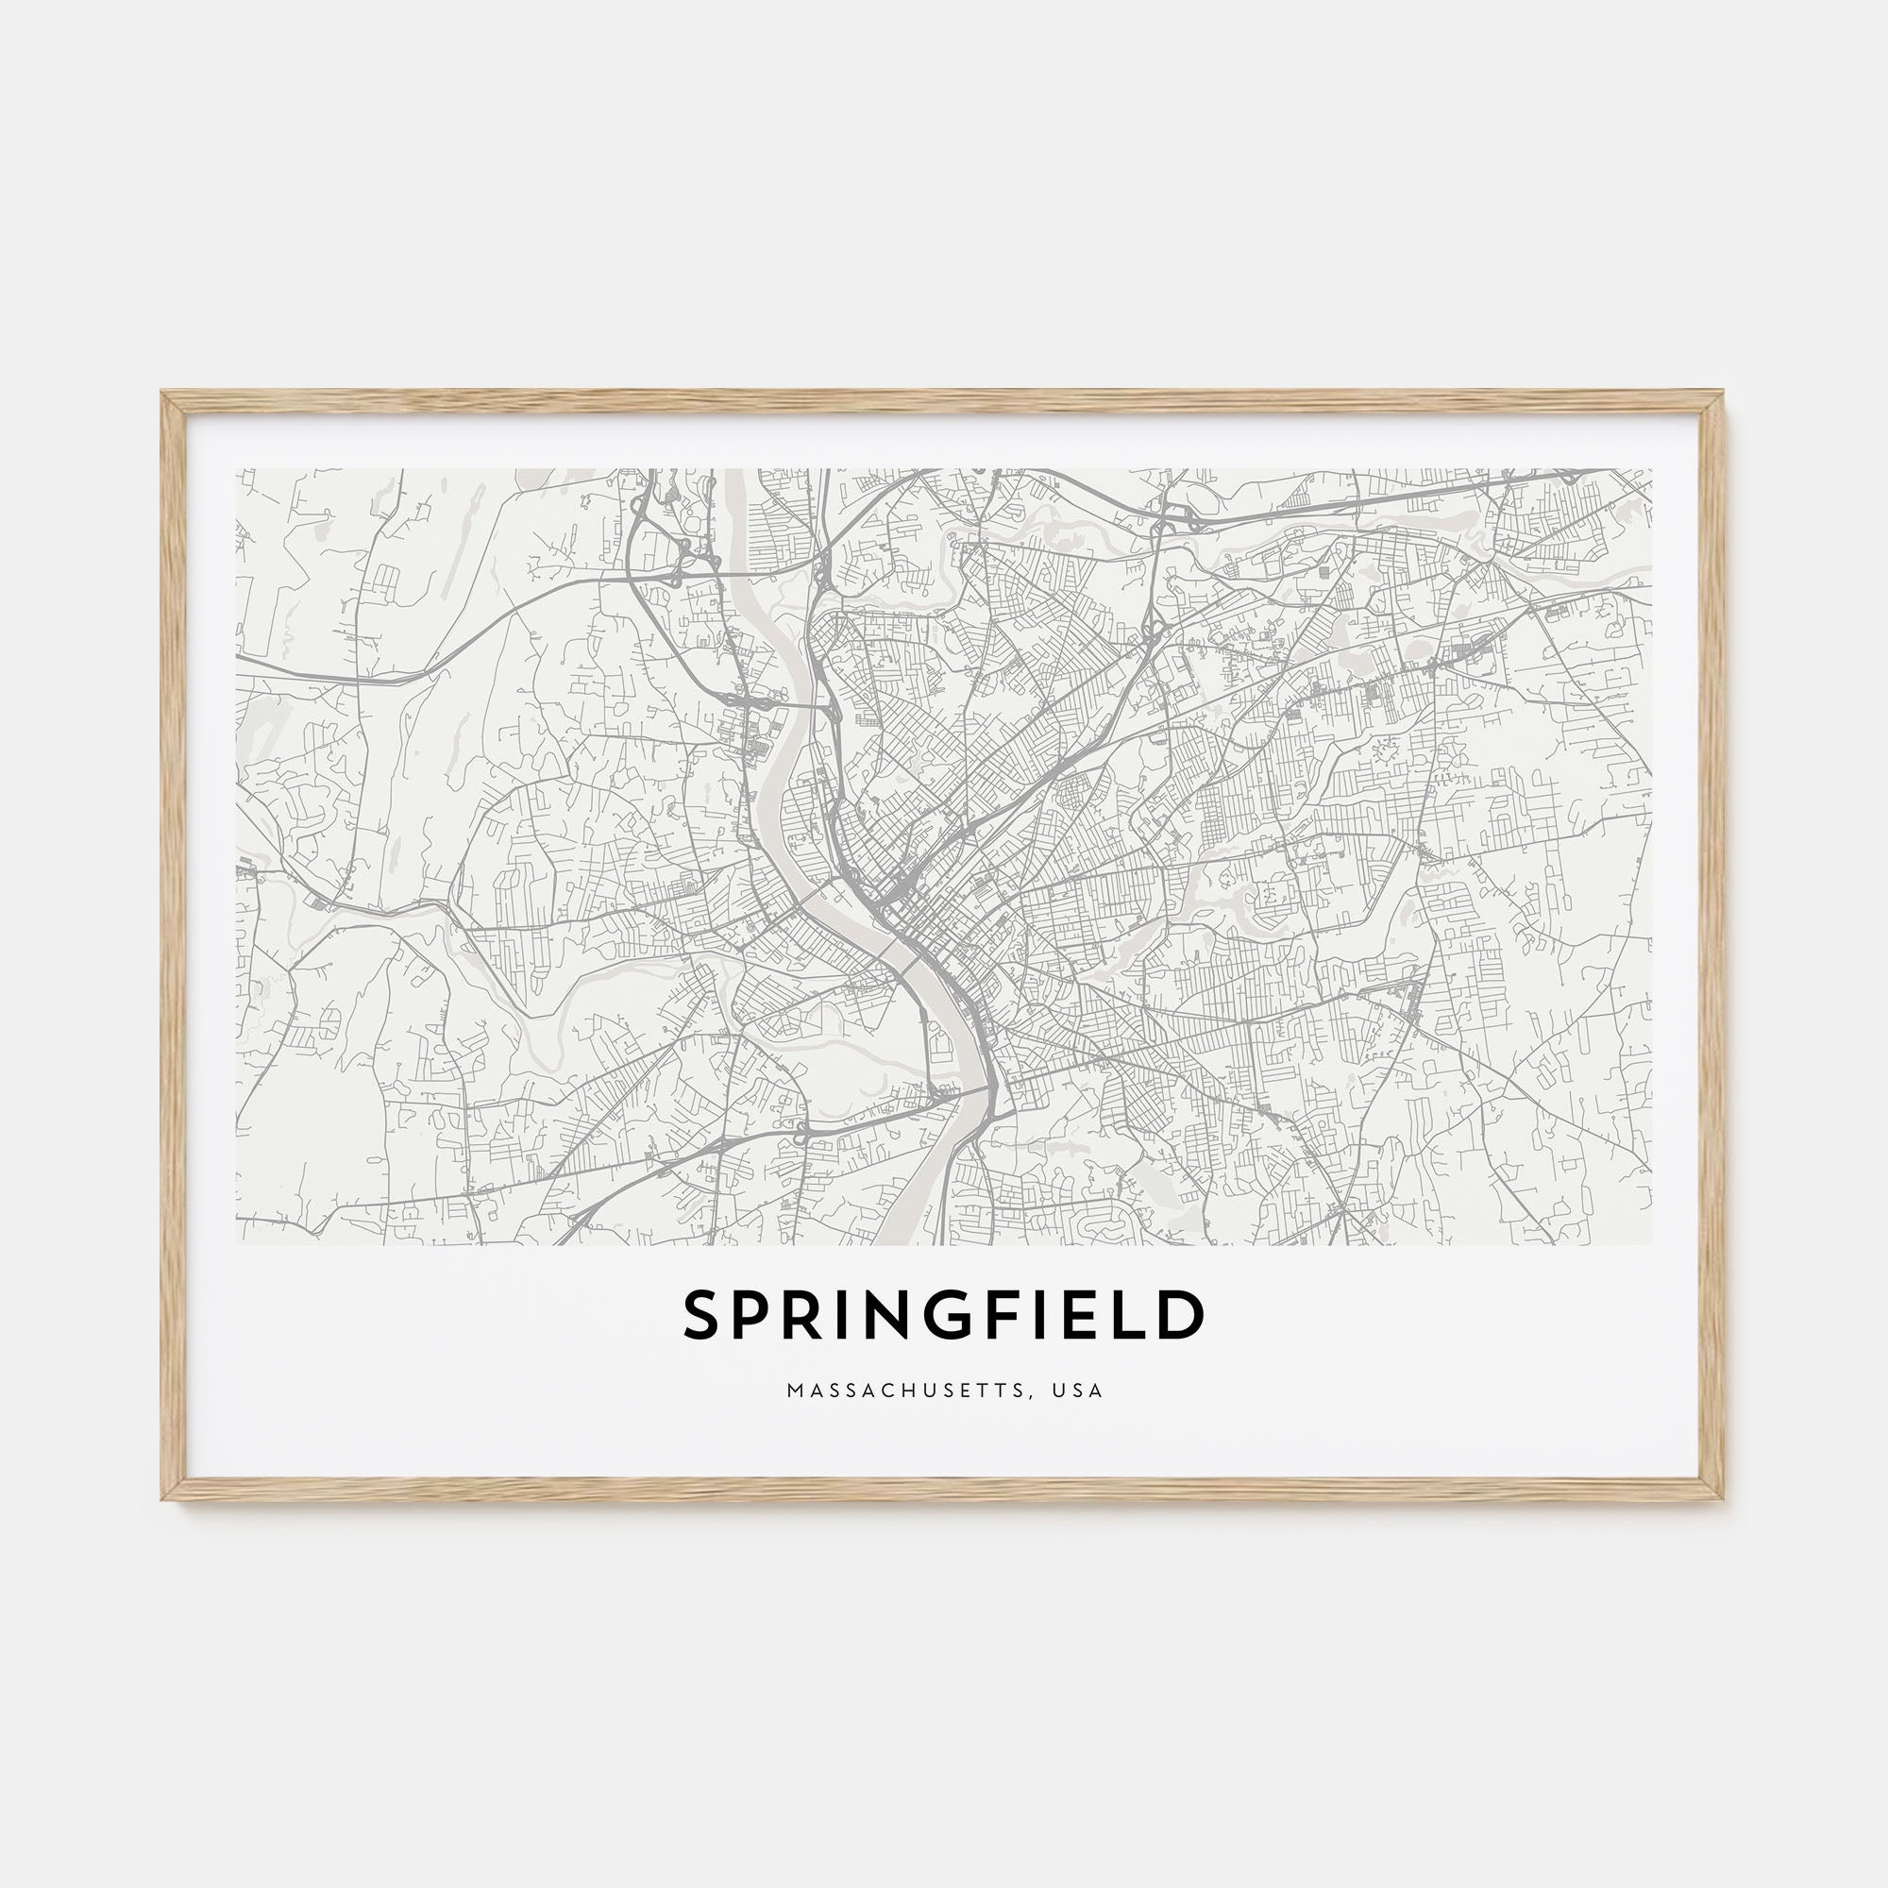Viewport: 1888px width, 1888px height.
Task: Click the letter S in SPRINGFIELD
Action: (702, 1315)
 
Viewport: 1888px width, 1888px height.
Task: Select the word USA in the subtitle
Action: (1077, 1391)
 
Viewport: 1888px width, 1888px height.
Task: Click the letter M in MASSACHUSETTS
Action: (794, 1391)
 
